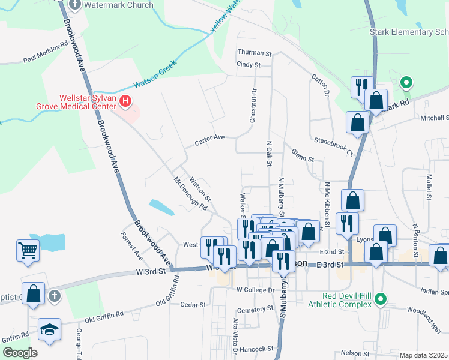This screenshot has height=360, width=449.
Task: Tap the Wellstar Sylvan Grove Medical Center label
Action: (x=86, y=102)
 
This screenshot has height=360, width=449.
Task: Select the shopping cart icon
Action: (x=28, y=250)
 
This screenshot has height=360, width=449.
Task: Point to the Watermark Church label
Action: (x=119, y=5)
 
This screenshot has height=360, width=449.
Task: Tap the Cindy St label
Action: (x=249, y=64)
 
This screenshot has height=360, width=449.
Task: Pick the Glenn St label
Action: (x=303, y=159)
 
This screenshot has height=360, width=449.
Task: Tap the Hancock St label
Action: (x=256, y=349)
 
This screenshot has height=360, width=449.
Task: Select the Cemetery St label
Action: (x=255, y=309)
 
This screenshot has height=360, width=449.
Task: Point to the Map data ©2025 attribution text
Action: (x=424, y=355)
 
